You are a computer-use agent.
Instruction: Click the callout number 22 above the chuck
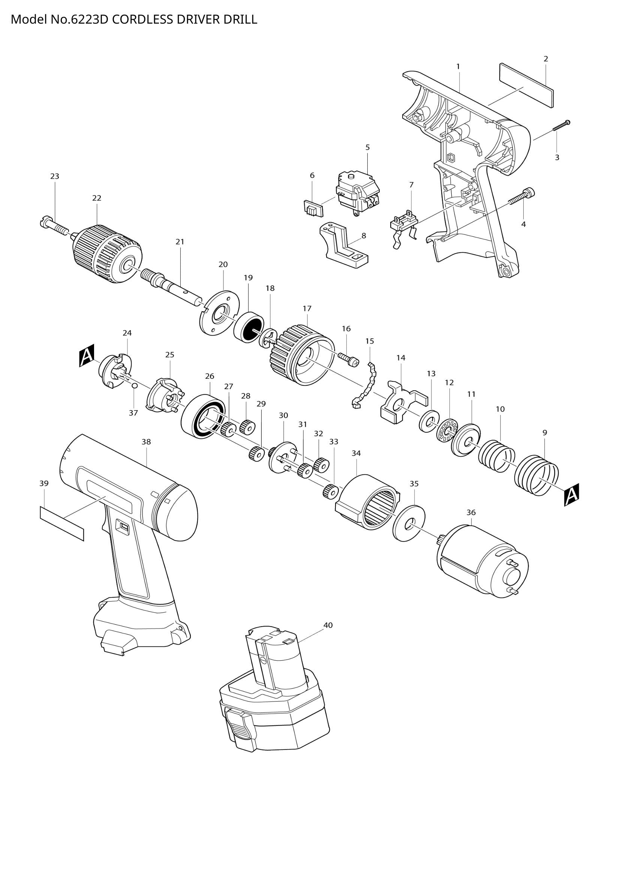tap(97, 198)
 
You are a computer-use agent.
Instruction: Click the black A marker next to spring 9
tap(572, 495)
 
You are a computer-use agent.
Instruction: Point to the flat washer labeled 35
tap(409, 523)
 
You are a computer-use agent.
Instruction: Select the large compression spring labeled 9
tap(536, 475)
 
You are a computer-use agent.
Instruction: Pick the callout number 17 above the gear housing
tap(307, 308)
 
